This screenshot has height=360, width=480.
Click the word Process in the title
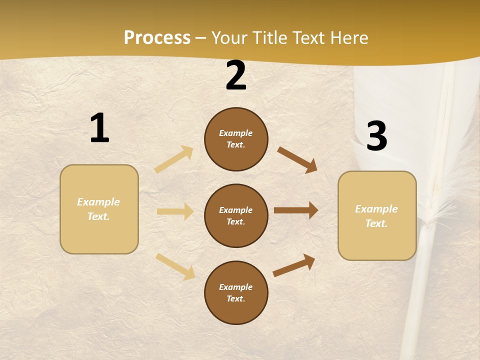point(157,38)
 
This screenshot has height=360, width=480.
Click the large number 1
point(99,128)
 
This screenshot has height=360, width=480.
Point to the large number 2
point(236,76)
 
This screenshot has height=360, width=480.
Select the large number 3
point(376,136)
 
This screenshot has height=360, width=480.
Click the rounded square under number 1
point(99,209)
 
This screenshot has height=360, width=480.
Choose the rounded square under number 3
point(377,216)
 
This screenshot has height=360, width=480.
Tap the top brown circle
point(236,139)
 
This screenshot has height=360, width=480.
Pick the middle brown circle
point(236,215)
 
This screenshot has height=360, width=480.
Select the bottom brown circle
point(236,292)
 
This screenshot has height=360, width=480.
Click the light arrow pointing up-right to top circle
point(174,159)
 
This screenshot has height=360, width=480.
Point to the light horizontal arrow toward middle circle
point(175,211)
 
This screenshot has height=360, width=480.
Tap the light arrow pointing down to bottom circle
point(175,266)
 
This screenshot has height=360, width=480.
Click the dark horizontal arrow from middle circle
point(296,210)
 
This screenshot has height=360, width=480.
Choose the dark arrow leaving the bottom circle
point(294,265)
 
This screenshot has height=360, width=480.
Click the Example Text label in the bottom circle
point(236,292)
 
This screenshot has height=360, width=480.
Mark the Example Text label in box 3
point(376,216)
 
